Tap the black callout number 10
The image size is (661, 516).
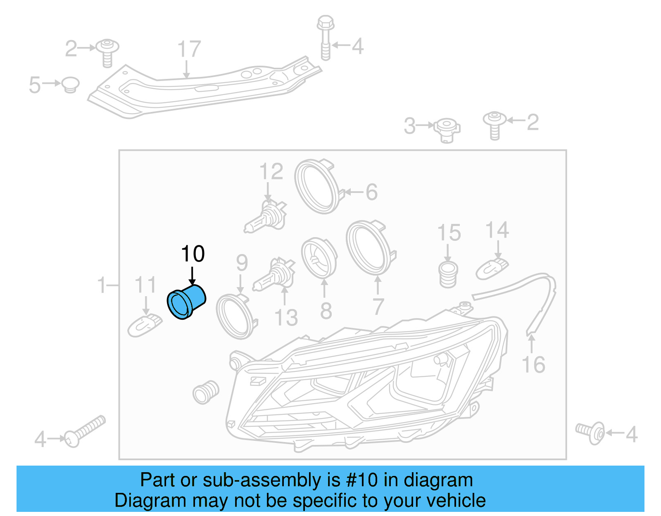pos(193,254)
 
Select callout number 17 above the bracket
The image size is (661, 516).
pos(189,49)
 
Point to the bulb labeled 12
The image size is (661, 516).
pos(265,216)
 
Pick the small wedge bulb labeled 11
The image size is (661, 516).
pos(145,325)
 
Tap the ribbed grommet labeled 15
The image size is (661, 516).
pos(448,273)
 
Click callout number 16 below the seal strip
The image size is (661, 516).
pos(533,364)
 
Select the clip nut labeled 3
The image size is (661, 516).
pos(447,129)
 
